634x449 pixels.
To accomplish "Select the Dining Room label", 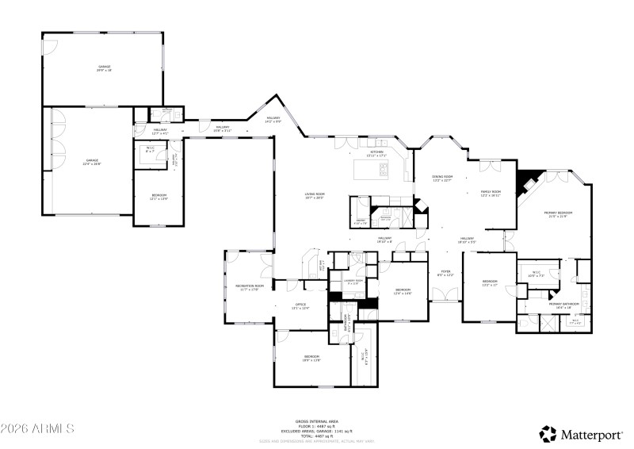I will click(441, 178).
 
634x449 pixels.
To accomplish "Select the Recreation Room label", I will click(249, 287).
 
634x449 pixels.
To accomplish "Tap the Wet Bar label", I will click(321, 264).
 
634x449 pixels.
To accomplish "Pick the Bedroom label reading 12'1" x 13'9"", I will click(158, 198).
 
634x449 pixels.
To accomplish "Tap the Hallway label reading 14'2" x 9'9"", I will click(273, 120).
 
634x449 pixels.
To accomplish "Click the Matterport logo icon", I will click(548, 433).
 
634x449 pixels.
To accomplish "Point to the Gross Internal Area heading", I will click(317, 421).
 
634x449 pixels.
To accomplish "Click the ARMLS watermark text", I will click(38, 429).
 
